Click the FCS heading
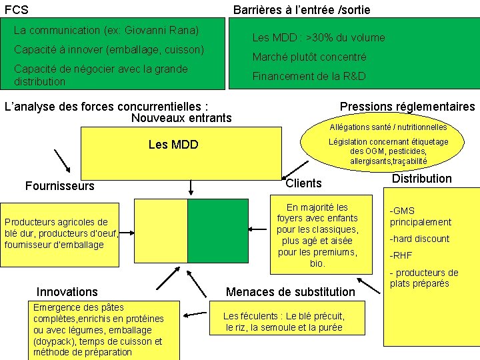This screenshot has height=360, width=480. (x=16, y=10)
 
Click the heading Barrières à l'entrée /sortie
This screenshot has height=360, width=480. (x=301, y=10)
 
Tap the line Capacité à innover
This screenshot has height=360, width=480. (x=109, y=50)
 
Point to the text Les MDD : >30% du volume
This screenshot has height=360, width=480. (x=318, y=38)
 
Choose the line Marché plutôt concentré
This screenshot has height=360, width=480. (x=309, y=57)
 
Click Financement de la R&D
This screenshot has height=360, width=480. (x=309, y=76)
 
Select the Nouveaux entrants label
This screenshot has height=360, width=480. (x=181, y=118)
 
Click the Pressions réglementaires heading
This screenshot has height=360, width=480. (x=407, y=107)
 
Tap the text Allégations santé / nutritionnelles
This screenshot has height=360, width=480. (x=388, y=127)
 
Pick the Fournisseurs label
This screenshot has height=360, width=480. (x=59, y=186)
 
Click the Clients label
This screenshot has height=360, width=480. (x=303, y=183)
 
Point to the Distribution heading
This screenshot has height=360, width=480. (x=421, y=179)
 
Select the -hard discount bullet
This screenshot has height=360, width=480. (x=419, y=239)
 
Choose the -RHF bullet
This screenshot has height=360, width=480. (x=401, y=255)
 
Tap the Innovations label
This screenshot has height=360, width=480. (x=67, y=291)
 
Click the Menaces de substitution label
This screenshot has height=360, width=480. (x=291, y=291)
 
